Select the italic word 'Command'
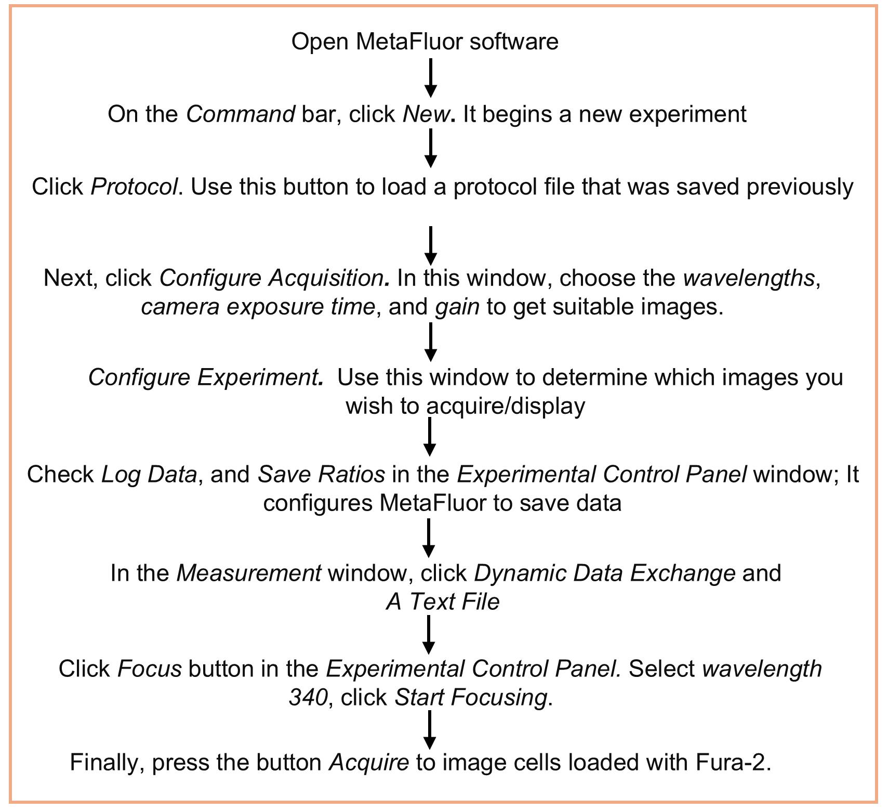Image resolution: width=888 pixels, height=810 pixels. (241, 114)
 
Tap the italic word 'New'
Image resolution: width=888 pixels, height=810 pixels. (427, 114)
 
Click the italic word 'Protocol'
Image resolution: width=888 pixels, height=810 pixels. (135, 186)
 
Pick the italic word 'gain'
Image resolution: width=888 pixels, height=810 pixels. (457, 307)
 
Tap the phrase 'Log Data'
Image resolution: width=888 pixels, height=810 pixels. (149, 474)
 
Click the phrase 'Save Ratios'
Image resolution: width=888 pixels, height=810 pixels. (322, 474)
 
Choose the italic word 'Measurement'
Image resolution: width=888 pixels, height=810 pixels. (249, 573)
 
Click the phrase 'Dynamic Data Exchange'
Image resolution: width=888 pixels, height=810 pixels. (605, 573)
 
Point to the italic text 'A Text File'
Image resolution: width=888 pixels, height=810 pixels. (443, 602)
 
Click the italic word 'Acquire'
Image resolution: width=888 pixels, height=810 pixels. (369, 763)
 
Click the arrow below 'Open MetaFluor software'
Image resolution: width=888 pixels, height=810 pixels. (431, 78)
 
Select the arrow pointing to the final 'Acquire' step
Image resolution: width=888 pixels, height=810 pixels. (430, 730)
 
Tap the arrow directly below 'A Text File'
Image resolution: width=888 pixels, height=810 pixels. (429, 635)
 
